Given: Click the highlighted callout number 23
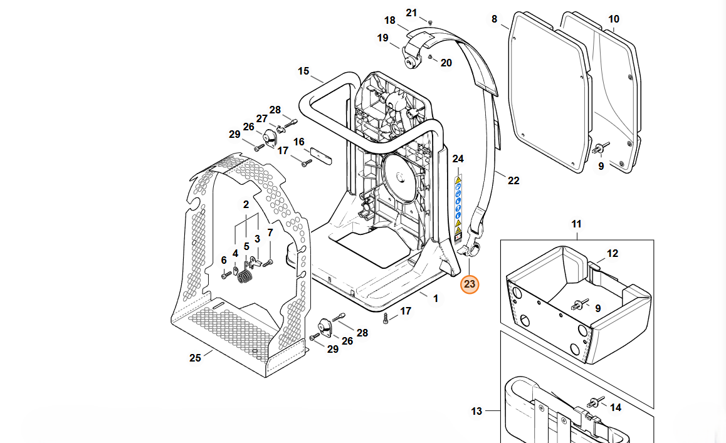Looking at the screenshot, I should pos(470,284).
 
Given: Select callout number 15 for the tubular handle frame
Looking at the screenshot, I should pos(303,71).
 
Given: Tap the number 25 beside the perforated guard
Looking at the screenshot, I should pos(195,358).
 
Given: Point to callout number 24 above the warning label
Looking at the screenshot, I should pos(458,159).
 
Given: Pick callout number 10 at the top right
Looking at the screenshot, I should pos(613,19).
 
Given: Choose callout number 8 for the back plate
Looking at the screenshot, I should pos(494,19).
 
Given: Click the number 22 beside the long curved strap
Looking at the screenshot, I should pos(513,181).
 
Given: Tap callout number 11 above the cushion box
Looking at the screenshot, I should pos(576,224).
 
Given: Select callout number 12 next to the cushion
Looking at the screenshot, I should pos(613,254).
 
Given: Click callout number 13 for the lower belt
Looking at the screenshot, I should pos(476,412).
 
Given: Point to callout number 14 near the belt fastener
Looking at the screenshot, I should pos(616,408).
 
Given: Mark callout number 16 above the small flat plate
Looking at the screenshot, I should pos(298,142).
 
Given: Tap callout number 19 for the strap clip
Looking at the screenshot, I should pos(382,38).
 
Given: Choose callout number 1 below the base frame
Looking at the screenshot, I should pos(436,299).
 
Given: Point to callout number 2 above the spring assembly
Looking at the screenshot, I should pos(246,204).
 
